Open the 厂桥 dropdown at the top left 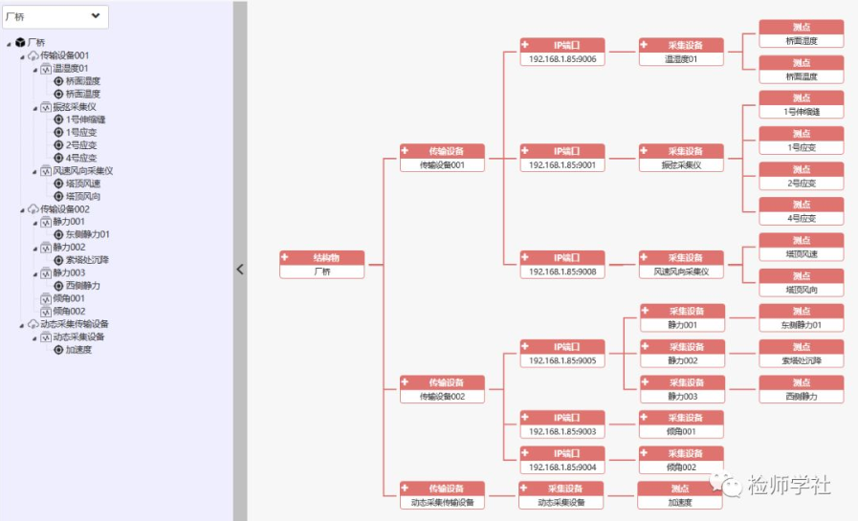coord(55,16)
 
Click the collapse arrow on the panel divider coord(240,270)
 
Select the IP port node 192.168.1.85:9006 coord(562,53)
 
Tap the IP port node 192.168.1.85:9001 coord(562,159)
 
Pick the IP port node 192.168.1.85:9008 coord(562,265)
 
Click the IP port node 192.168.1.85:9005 coord(562,354)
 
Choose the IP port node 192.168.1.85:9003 coord(562,424)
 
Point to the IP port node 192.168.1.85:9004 coord(562,460)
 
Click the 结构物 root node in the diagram coord(322,265)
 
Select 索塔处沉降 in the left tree coord(87,260)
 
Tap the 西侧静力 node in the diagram coord(801,389)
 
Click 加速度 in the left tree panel coord(78,350)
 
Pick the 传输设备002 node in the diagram coord(442,389)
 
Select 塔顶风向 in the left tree coord(83,196)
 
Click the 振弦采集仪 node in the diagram coord(681,159)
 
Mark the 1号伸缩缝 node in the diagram coord(801,105)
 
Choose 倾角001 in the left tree coord(69,298)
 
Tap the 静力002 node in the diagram coord(681,354)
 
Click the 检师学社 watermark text coord(787,485)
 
